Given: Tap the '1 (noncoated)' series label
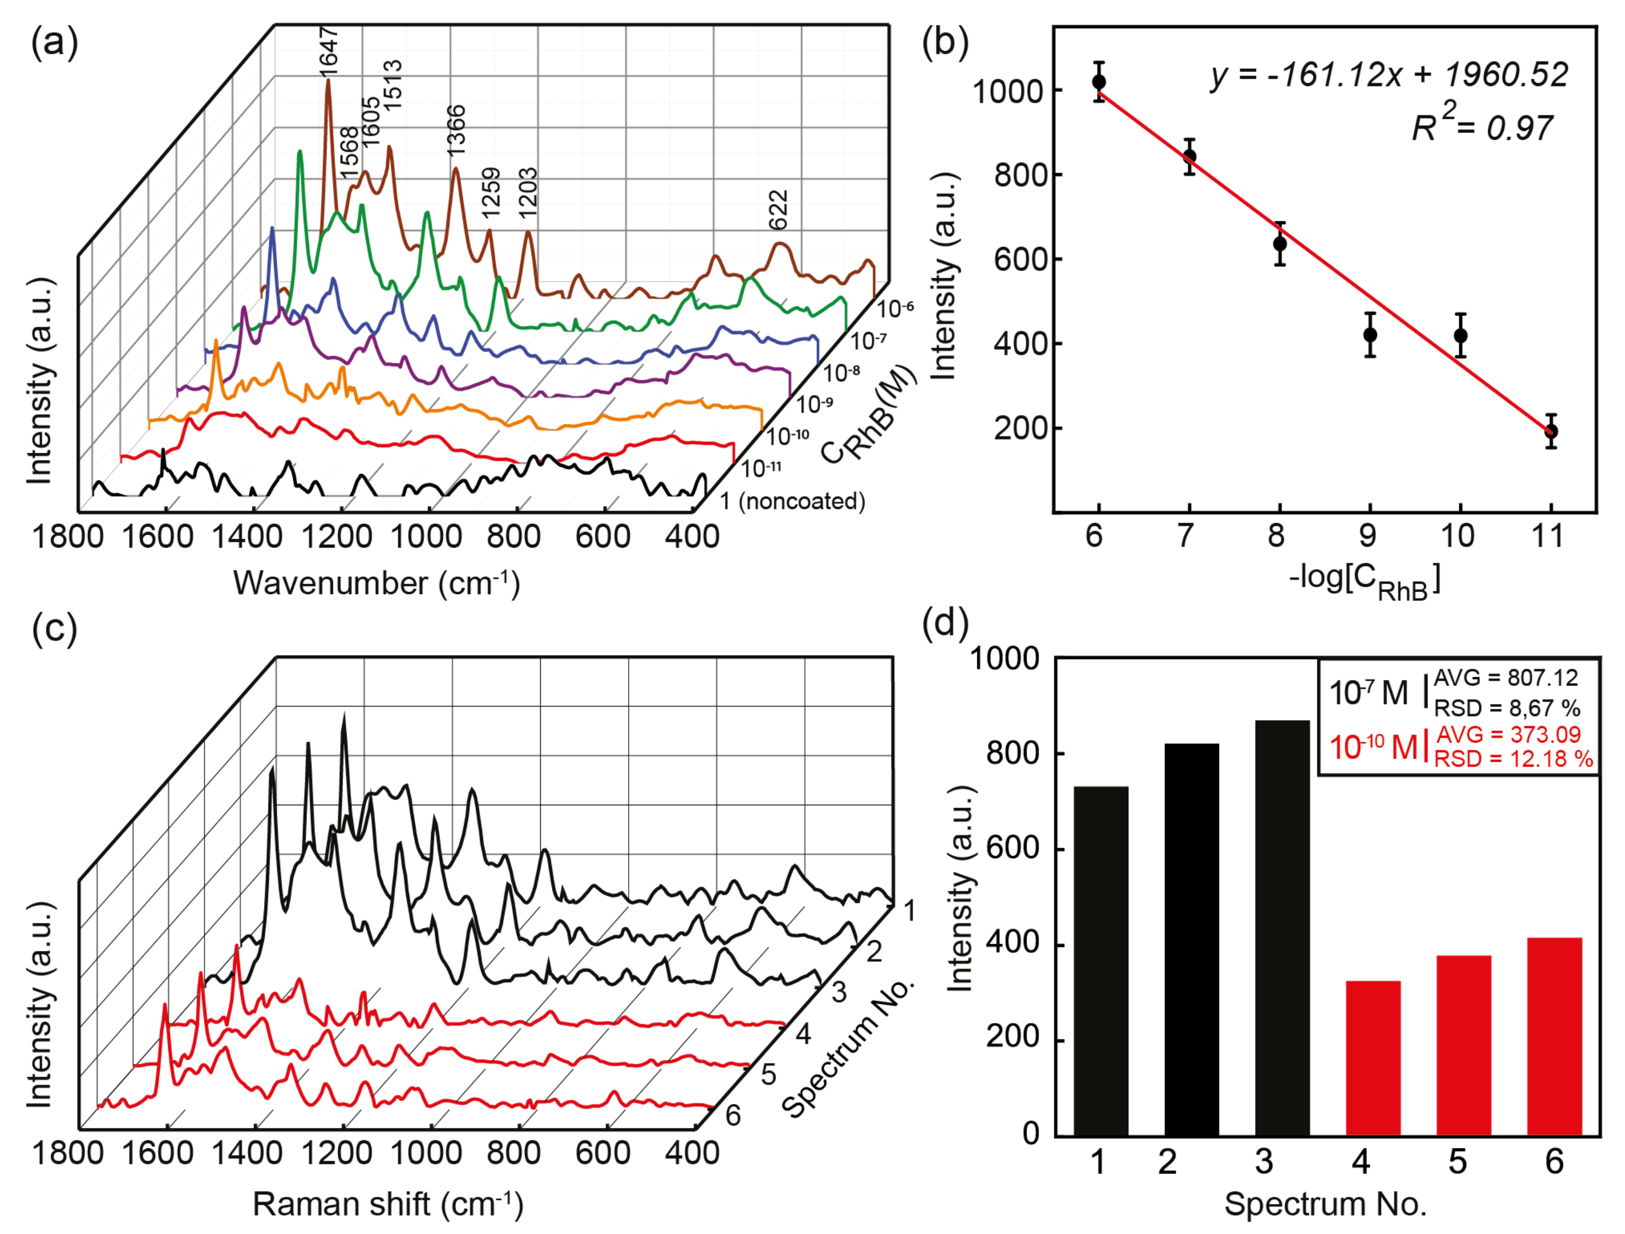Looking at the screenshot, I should (x=792, y=501).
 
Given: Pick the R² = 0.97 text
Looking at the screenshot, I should (x=1482, y=126).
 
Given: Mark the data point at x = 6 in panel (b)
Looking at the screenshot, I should (x=1099, y=82).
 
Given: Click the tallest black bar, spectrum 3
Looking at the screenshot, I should (x=1282, y=928).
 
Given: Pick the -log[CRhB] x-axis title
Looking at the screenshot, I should (x=1364, y=582).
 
